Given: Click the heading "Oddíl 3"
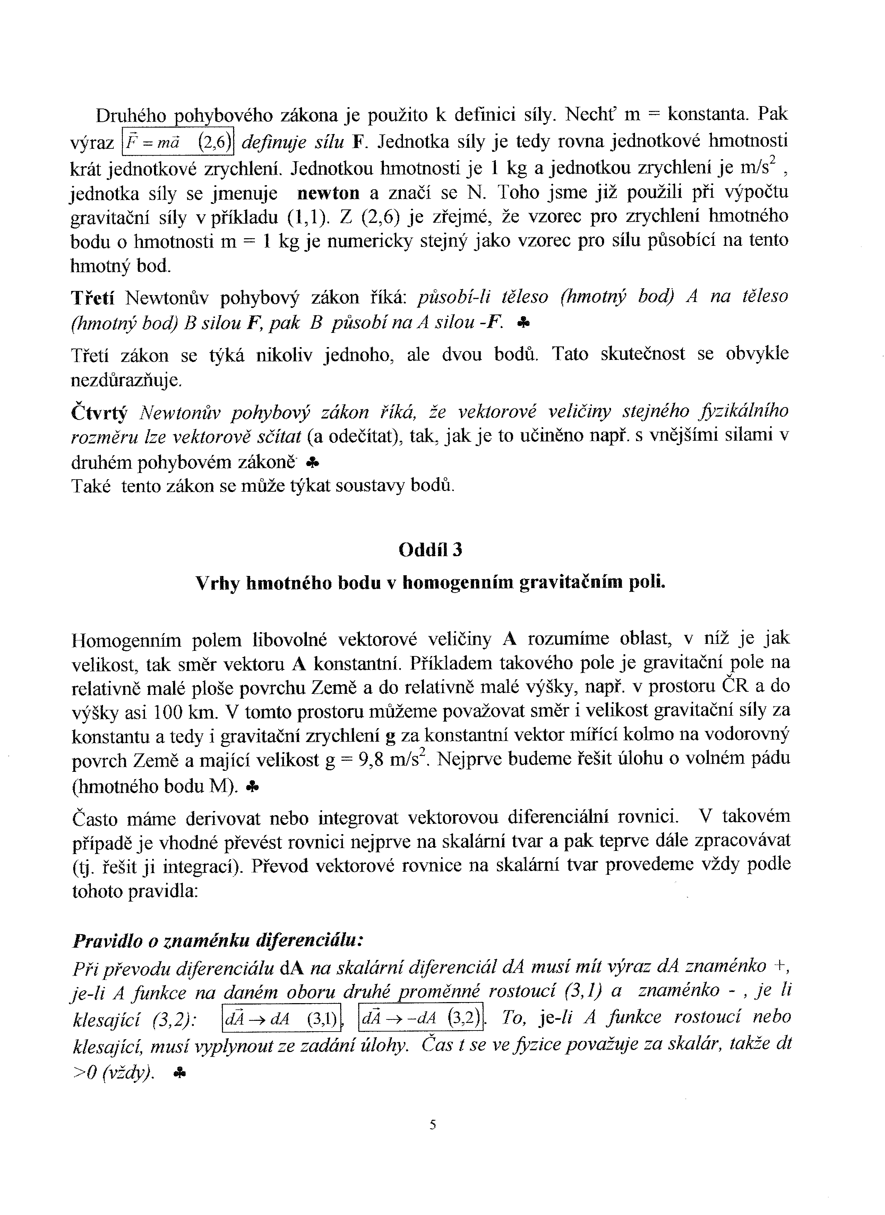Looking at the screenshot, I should (x=430, y=550).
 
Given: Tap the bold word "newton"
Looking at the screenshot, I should (x=328, y=192).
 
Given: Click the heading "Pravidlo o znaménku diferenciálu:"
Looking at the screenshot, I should (x=218, y=940).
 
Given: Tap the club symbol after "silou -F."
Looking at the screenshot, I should (x=524, y=323).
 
